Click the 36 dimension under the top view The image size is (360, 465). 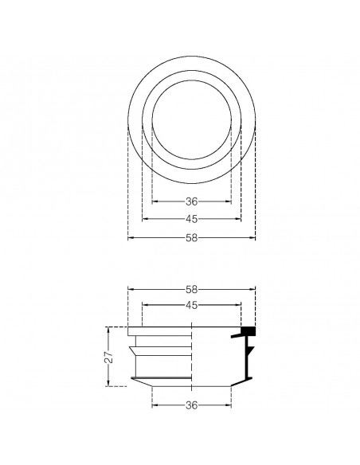191,201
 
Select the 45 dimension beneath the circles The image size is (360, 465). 191,218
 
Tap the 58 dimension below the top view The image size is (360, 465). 191,236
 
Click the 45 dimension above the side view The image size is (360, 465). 191,304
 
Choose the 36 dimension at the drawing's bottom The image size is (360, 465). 191,404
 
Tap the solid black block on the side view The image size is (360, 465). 247,329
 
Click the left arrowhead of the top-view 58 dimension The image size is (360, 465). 131,236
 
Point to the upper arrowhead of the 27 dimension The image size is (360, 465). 110,329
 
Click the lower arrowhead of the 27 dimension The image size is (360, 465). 110,385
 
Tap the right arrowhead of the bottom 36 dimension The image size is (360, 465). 229,404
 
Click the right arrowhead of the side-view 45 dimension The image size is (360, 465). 238,304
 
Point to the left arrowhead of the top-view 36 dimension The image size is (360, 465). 155,201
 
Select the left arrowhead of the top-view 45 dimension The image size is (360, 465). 144,218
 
